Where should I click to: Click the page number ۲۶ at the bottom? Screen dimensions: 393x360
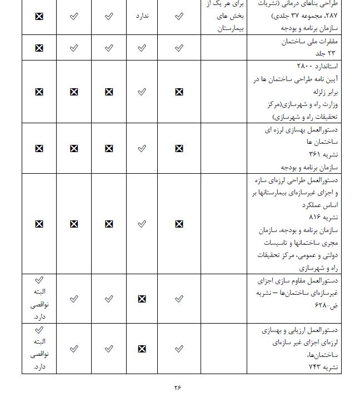[x=178, y=387]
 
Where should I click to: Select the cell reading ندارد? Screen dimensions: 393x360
[x=144, y=16]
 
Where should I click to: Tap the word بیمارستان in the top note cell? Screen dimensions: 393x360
[x=229, y=27]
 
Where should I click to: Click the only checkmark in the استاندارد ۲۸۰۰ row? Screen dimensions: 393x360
[x=142, y=92]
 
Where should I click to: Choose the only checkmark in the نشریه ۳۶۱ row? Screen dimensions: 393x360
[x=142, y=148]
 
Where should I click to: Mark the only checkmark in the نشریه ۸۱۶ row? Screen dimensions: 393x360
[x=142, y=224]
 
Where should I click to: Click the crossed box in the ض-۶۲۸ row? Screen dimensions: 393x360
[x=142, y=299]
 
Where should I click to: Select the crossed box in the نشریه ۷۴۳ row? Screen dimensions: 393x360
[x=142, y=349]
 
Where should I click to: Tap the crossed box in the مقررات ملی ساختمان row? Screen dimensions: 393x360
[x=39, y=48]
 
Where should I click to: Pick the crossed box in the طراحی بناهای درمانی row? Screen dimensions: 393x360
[x=39, y=16]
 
